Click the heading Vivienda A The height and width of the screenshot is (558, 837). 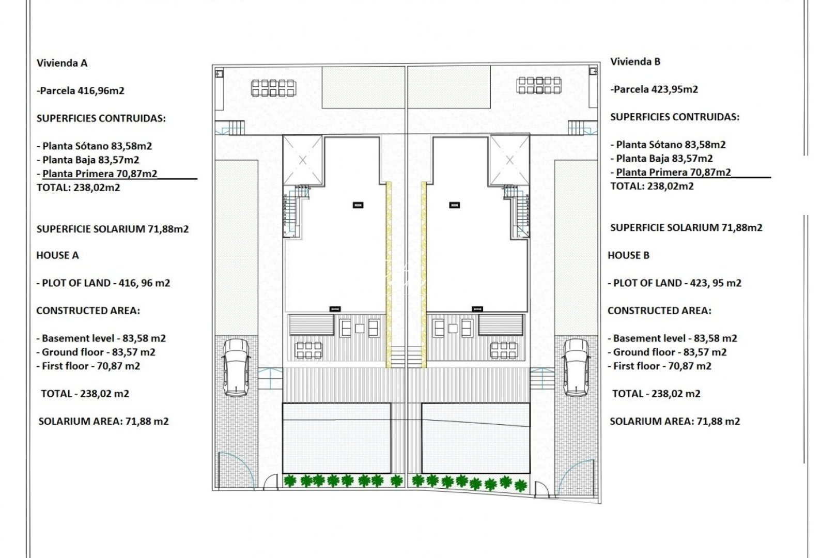(x=62, y=63)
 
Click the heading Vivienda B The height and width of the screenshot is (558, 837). (x=635, y=61)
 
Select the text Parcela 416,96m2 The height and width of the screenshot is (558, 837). (x=82, y=91)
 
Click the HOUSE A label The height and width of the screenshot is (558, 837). (x=57, y=255)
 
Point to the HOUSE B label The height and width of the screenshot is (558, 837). (x=628, y=255)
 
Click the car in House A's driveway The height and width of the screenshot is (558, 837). (x=236, y=367)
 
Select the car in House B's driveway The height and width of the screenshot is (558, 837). (x=576, y=367)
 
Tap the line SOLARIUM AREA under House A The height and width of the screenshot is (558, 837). (x=103, y=422)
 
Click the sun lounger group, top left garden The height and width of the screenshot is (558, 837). (x=273, y=88)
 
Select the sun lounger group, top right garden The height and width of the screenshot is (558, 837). (x=539, y=85)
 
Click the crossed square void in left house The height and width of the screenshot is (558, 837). (x=303, y=160)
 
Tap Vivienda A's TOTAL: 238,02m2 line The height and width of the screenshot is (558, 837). (x=78, y=188)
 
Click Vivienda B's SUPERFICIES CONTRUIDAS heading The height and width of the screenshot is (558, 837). (x=674, y=117)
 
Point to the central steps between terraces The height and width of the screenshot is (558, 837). (x=406, y=357)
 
